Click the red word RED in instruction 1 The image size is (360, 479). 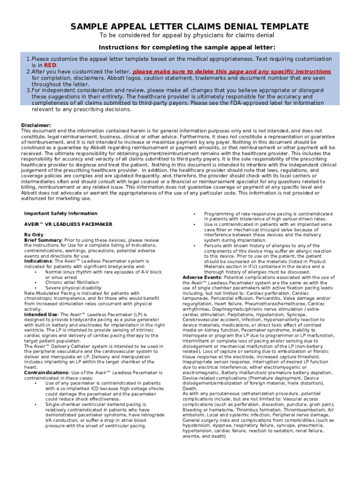[50, 65]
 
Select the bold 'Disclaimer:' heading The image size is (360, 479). [36, 125]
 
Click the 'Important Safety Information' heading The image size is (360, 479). [61, 214]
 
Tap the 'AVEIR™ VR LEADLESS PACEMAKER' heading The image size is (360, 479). [68, 225]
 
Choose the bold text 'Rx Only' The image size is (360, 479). [34, 235]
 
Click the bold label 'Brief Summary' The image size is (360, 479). [43, 240]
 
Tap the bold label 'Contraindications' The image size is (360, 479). [46, 373]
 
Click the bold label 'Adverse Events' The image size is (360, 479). [202, 277]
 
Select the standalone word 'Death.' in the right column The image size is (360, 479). [190, 388]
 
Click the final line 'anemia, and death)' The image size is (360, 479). [204, 436]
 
